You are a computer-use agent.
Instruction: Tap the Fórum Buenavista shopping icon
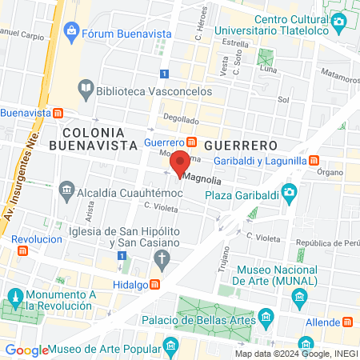click(x=72, y=32)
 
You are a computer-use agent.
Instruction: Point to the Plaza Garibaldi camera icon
click(x=288, y=192)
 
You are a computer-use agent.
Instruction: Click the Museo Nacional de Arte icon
click(x=299, y=298)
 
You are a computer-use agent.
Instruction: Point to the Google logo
click(x=26, y=350)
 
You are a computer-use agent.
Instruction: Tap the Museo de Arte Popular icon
click(x=170, y=346)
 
